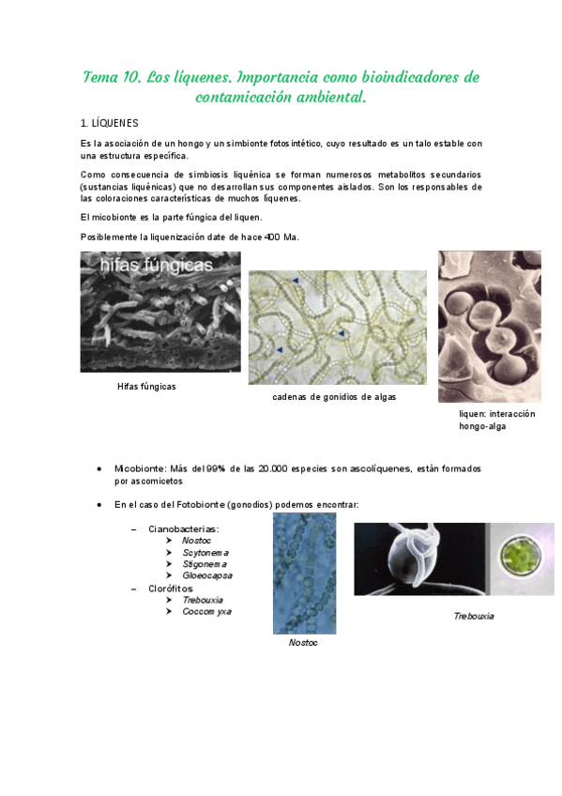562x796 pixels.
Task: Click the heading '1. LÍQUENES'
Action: pyautogui.click(x=110, y=123)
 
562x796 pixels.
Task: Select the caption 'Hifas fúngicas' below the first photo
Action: pyautogui.click(x=146, y=387)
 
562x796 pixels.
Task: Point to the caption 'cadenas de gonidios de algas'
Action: pyautogui.click(x=334, y=397)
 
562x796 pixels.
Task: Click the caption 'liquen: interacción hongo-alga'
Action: pyautogui.click(x=496, y=420)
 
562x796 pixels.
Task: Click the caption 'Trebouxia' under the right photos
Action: pyautogui.click(x=474, y=617)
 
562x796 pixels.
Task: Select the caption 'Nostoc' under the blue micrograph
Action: pyautogui.click(x=303, y=643)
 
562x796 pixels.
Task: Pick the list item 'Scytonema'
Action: pyautogui.click(x=205, y=553)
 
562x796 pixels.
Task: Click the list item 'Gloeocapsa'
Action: pyautogui.click(x=207, y=575)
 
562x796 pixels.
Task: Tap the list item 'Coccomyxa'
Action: pyautogui.click(x=206, y=611)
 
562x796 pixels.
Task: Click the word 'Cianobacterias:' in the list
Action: pyautogui.click(x=184, y=529)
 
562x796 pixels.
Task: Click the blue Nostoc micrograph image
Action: pyautogui.click(x=304, y=574)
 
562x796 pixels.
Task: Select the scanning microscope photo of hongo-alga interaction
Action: pyautogui.click(x=490, y=326)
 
